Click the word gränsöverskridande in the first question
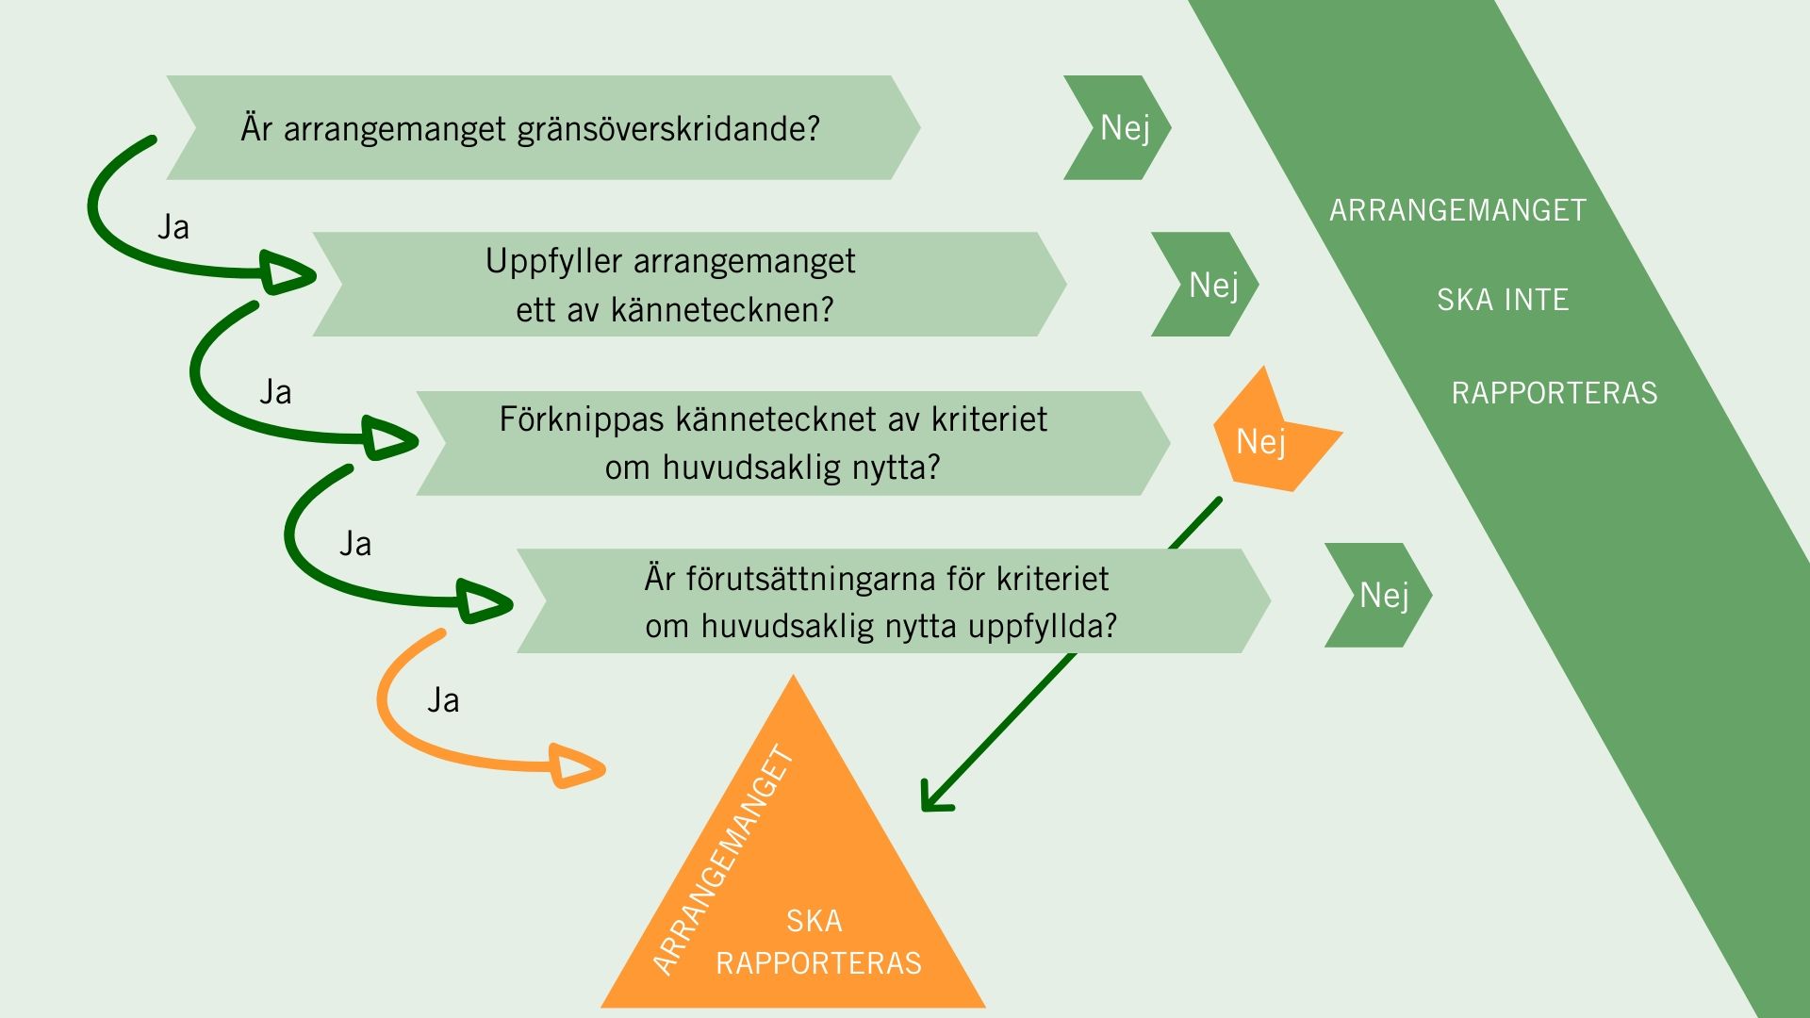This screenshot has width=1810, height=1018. (x=668, y=129)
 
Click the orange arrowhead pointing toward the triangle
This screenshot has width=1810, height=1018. (x=576, y=768)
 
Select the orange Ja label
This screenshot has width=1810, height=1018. (x=443, y=700)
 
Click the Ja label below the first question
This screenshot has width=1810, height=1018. (x=173, y=227)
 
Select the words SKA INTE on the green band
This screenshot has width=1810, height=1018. (x=1503, y=301)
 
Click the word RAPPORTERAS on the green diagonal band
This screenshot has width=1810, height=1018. (x=1554, y=393)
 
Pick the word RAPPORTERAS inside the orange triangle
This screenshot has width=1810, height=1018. (x=818, y=963)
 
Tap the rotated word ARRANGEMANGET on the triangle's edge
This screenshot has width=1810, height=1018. (x=723, y=860)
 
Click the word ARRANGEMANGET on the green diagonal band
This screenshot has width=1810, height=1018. (x=1457, y=210)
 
